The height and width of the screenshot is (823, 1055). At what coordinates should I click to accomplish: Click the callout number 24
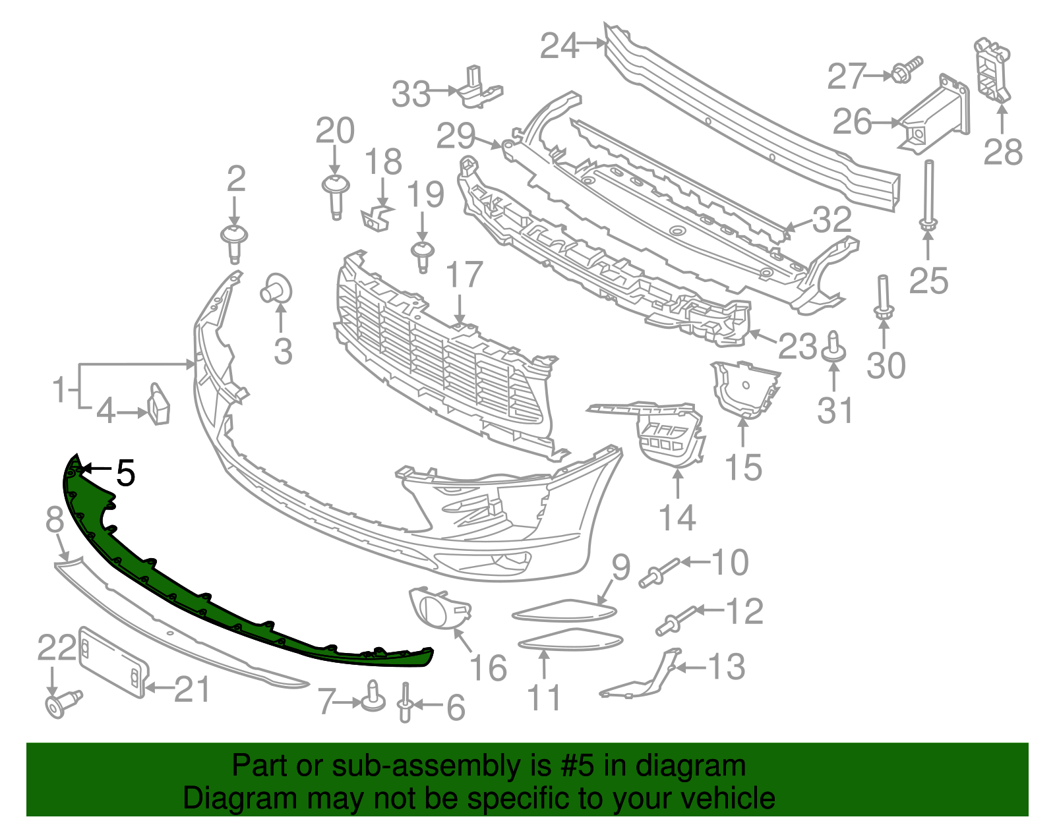[x=559, y=46]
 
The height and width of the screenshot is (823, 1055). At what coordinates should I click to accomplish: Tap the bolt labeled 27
[x=907, y=70]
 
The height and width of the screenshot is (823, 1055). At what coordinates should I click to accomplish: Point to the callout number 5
[x=125, y=472]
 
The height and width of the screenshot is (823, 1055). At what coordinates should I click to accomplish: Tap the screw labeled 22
[x=61, y=704]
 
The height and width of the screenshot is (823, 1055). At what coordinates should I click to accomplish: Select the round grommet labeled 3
[x=278, y=288]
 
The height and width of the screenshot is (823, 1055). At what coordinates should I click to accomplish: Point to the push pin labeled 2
[x=234, y=241]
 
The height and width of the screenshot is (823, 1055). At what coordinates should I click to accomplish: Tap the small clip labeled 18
[x=377, y=217]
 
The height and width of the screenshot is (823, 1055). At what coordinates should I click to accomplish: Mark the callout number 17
[x=464, y=275]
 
